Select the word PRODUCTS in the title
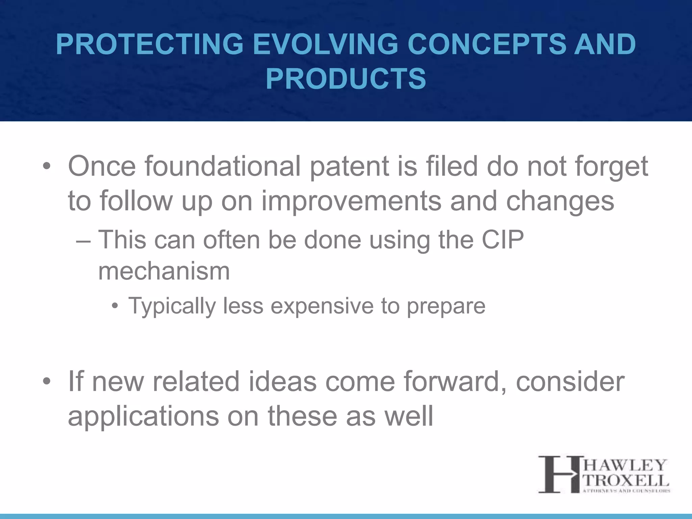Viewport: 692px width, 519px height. click(x=346, y=79)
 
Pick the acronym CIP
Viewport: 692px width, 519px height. click(x=503, y=240)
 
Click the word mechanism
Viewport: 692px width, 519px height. click(x=164, y=271)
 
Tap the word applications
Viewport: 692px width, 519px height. click(x=144, y=417)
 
